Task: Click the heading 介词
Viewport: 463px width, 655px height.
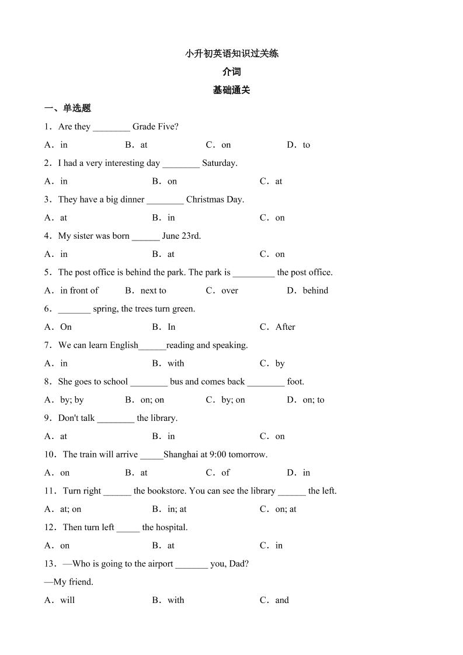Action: (231, 72)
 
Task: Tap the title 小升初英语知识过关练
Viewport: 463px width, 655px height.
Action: (231, 54)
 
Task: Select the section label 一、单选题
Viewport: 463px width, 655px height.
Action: (68, 108)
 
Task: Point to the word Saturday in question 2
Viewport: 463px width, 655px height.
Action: (220, 163)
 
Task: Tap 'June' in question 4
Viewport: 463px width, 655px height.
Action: (170, 236)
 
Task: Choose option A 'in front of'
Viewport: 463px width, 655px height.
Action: (79, 290)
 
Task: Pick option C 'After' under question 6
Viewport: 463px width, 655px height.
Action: (285, 327)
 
